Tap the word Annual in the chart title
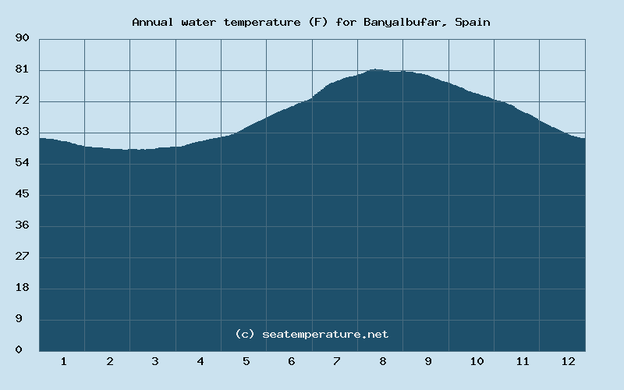153,22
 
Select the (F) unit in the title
318,22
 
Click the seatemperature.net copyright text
312,334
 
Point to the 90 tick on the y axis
23,38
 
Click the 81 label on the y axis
23,69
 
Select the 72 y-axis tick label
23,101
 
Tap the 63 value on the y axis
23,132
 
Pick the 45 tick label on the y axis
23,194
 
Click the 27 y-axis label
23,257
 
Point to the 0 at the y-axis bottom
19,350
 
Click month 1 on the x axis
63,361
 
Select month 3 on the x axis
154,361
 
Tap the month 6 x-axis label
291,361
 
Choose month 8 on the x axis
382,361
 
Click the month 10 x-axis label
477,361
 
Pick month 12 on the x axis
568,361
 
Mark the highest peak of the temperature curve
376,69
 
